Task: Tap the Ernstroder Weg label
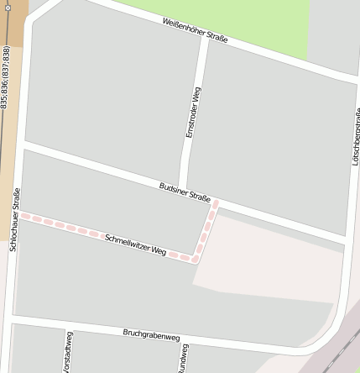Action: pos(194,113)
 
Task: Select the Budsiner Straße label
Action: pos(185,192)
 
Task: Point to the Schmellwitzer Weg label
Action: pos(136,244)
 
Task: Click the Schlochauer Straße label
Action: pos(15,219)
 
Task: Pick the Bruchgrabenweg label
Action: pos(151,335)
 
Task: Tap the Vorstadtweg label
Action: pos(67,353)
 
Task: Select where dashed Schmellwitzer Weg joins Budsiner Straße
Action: pos(217,202)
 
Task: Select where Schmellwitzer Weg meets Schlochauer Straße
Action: pos(19,215)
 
